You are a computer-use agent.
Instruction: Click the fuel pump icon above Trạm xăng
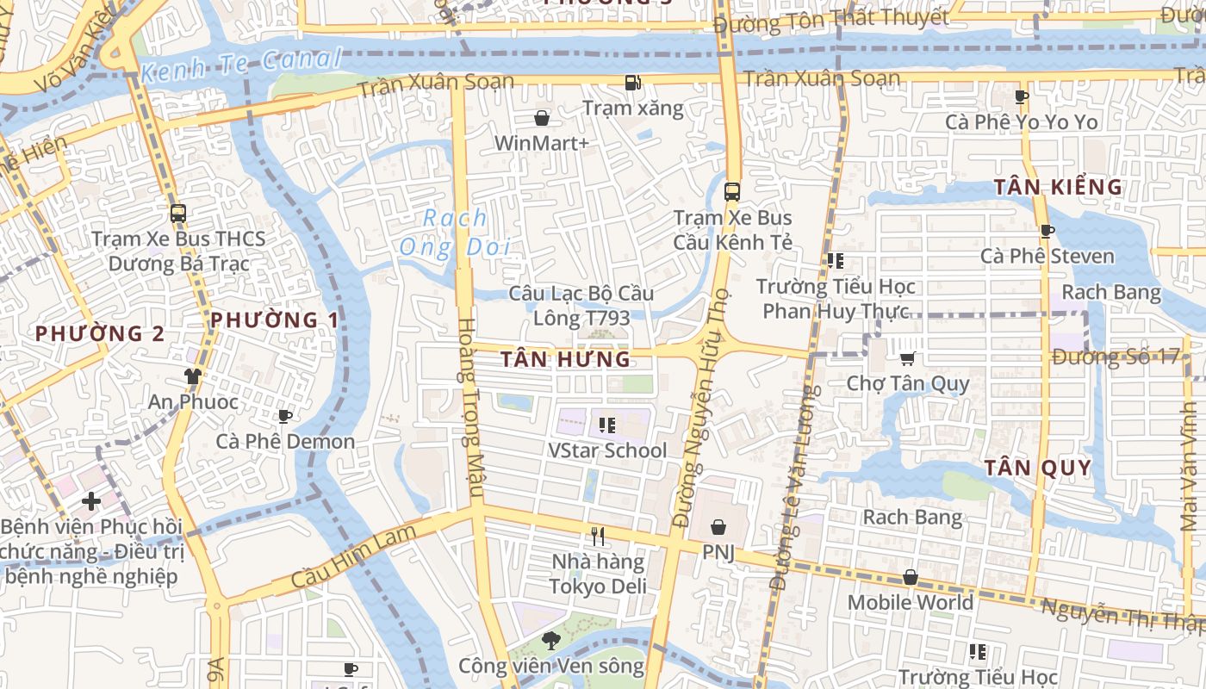[633, 83]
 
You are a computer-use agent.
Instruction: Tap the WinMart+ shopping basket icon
[543, 117]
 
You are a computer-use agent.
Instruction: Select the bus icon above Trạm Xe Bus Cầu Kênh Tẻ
[732, 192]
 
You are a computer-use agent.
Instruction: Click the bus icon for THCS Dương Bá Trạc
[178, 214]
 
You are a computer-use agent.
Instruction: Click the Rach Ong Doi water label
[455, 233]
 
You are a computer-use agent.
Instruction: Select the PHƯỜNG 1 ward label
[275, 320]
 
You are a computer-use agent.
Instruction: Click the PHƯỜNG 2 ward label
[100, 333]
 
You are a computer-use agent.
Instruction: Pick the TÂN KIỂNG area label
[1058, 187]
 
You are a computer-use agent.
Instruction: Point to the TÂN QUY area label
[1038, 469]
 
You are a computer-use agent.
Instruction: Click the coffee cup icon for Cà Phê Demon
[284, 417]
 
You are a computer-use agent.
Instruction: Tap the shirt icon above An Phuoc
[192, 376]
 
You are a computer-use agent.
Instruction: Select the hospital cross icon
[91, 500]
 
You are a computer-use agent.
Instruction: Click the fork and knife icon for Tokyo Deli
[598, 537]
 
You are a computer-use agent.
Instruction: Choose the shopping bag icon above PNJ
[718, 527]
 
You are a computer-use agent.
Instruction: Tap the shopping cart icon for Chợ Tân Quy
[907, 358]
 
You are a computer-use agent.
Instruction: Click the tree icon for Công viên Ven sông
[551, 640]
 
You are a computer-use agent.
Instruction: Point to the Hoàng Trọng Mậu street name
[467, 407]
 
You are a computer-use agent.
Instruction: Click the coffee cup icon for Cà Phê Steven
[1047, 231]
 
